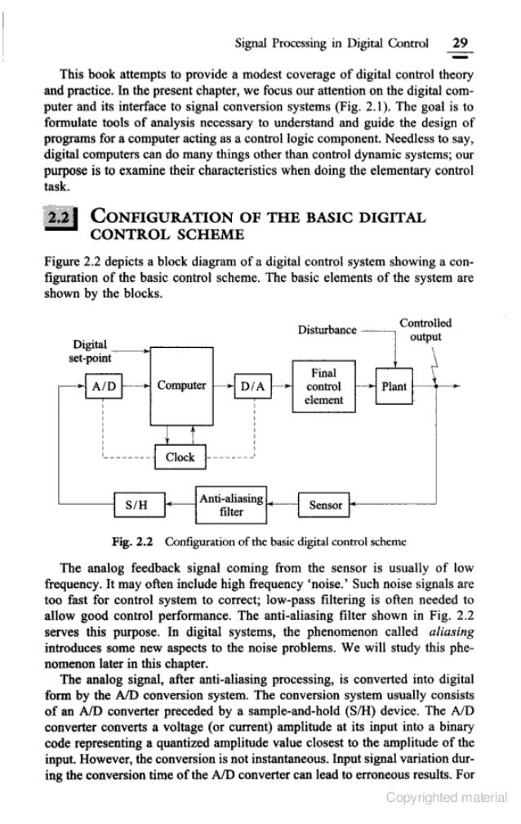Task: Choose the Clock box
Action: pos(180,457)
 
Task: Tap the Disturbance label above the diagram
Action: pos(327,332)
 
